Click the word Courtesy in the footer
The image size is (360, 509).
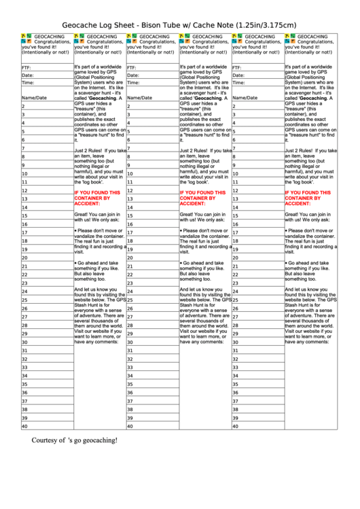(48, 440)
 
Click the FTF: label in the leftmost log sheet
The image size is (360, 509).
(26, 68)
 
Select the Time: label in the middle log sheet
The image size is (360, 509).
(133, 82)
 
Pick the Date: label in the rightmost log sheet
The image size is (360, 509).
(238, 75)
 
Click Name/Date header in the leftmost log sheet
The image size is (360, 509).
(35, 98)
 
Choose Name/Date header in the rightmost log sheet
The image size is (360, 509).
(245, 98)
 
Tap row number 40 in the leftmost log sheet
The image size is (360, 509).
(24, 426)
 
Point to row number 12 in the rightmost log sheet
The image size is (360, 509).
(235, 190)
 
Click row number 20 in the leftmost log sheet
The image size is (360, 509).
(24, 258)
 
